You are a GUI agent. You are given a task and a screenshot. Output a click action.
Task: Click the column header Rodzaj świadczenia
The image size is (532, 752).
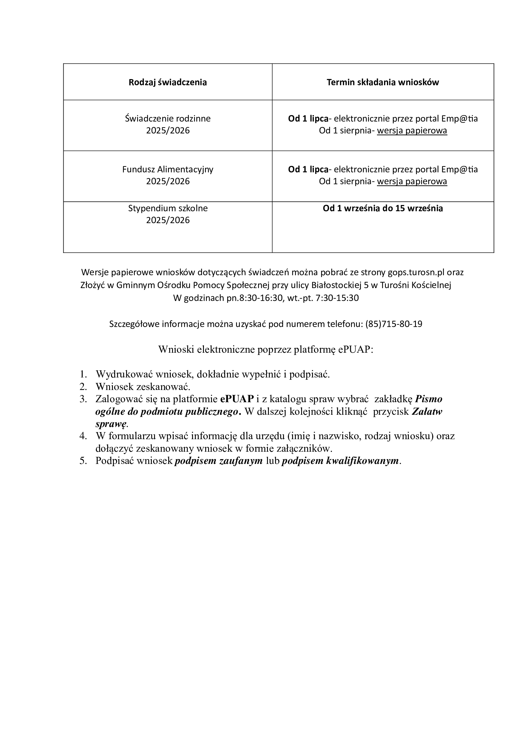point(167,82)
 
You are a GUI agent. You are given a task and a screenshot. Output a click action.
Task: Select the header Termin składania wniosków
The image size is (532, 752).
point(383,82)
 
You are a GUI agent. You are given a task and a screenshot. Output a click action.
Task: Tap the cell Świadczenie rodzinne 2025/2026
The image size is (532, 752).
point(167,124)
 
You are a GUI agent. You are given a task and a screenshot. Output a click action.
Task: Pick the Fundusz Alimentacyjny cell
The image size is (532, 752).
point(167,175)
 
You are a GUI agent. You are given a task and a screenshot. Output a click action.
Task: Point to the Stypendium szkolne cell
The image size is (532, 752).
point(167,214)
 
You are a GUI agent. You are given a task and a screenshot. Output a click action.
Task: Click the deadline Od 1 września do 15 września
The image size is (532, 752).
point(383,208)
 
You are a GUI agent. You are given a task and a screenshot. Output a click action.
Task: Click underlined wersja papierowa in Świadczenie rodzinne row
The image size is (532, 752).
point(412,131)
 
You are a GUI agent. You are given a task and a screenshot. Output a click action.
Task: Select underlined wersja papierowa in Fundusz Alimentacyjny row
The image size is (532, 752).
point(412,181)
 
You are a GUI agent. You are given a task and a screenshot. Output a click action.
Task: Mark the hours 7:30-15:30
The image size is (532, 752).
point(337,298)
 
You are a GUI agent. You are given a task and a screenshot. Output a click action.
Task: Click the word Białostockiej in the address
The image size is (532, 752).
point(336,285)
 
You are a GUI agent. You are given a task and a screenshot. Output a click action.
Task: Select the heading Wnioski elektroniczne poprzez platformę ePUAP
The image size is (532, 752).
point(266,349)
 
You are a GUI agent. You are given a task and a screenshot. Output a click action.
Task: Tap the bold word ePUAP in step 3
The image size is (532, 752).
point(237,399)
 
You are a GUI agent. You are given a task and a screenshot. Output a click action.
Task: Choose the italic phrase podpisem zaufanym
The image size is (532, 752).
point(218,461)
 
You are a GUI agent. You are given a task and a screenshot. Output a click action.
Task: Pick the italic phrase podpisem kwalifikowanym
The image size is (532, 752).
point(340,461)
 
